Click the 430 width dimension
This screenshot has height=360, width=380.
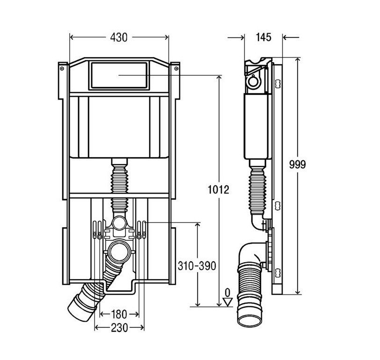pyautogui.click(x=118, y=38)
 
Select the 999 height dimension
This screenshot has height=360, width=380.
pyautogui.click(x=297, y=165)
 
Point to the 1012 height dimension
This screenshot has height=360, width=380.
pyautogui.click(x=219, y=189)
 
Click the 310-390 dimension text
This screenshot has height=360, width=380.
pyautogui.click(x=197, y=266)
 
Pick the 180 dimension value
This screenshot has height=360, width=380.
pyautogui.click(x=118, y=314)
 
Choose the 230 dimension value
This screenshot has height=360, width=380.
pyautogui.click(x=119, y=328)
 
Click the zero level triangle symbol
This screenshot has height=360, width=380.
pyautogui.click(x=228, y=302)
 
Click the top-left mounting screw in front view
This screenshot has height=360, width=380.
pyautogui.click(x=61, y=69)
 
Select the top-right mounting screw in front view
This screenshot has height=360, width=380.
pyautogui.click(x=176, y=69)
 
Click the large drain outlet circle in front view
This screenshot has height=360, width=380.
pyautogui.click(x=121, y=251)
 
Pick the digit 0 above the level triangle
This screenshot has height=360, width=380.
pyautogui.click(x=228, y=293)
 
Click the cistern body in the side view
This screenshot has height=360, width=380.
pyautogui.click(x=256, y=126)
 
